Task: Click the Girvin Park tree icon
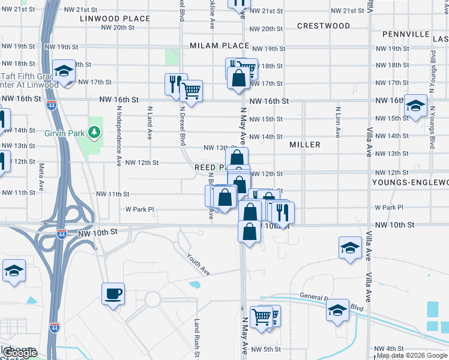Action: click(x=94, y=131)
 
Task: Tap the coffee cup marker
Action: click(x=113, y=294)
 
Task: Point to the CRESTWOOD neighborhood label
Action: click(x=323, y=26)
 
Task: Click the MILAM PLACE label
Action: click(x=219, y=46)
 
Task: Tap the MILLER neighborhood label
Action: click(x=304, y=145)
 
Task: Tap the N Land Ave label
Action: click(x=149, y=126)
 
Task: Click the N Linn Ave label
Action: click(x=338, y=123)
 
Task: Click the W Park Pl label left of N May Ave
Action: click(x=139, y=209)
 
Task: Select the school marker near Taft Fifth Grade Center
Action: click(x=63, y=71)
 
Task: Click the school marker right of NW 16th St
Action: click(x=415, y=106)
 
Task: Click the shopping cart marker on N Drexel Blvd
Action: click(x=191, y=91)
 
